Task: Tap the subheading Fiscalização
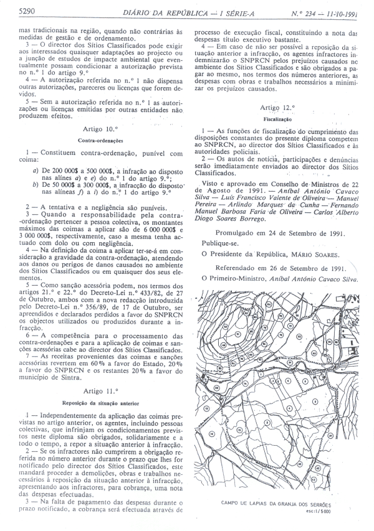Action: click(x=278, y=118)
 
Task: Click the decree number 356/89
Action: click(x=92, y=308)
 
